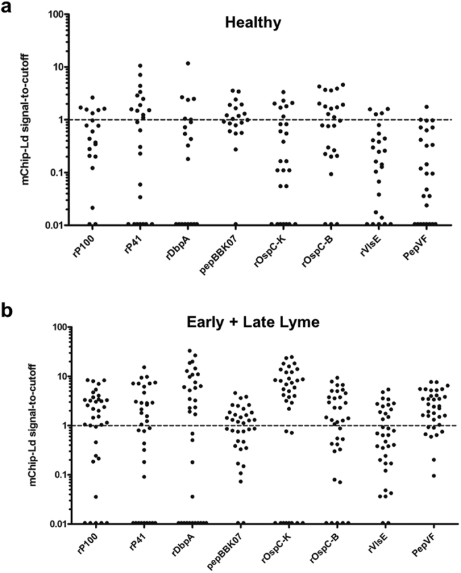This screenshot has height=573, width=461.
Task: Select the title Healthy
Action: click(x=253, y=23)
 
